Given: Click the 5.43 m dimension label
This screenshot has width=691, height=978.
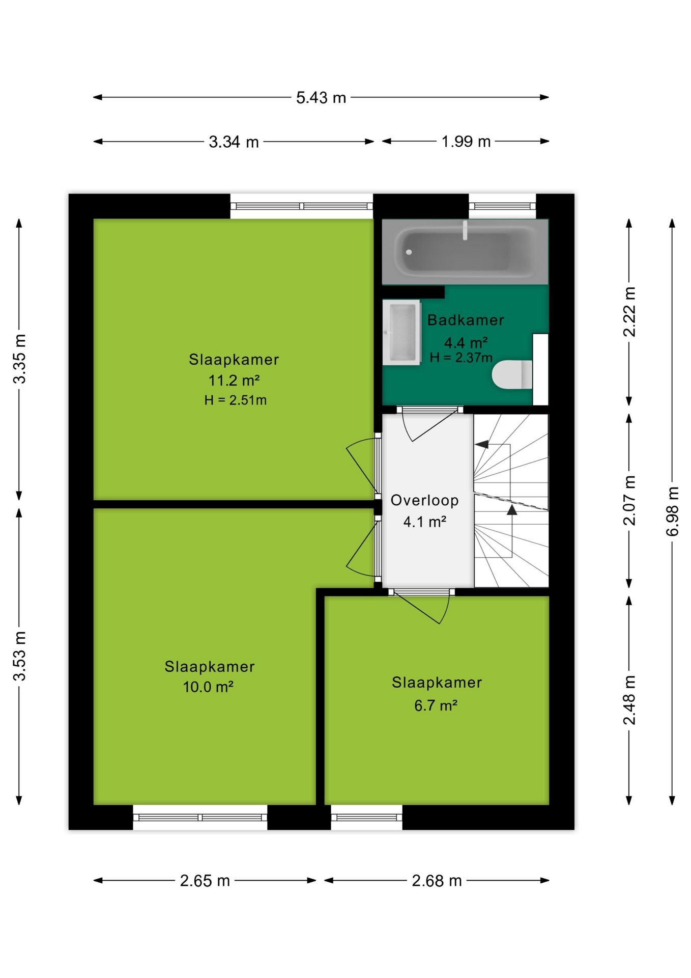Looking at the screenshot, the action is tap(321, 97).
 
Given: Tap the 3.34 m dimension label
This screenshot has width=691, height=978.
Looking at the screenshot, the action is tap(234, 142).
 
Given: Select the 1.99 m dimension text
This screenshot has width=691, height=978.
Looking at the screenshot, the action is tap(466, 141).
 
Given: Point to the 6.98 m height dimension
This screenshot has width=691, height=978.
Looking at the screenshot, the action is tap(673, 511).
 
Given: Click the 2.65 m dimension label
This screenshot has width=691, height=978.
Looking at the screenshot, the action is tap(205, 880).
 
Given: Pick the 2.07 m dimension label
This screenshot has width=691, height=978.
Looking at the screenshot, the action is tap(629, 500).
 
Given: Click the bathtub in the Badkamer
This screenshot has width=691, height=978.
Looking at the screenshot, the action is tap(465, 252).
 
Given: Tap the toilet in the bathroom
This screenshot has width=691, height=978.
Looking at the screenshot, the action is tap(512, 374).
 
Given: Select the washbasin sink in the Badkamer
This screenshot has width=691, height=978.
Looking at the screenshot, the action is tap(401, 332).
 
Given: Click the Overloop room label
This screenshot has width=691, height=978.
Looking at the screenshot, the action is tap(424, 500).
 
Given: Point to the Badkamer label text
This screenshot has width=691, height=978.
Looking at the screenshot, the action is tap(466, 320).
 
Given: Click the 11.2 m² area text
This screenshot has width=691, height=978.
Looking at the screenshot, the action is tap(234, 380).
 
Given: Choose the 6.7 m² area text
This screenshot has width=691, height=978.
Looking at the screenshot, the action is tap(436, 705).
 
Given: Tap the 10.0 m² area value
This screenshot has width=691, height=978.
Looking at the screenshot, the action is tap(208, 687).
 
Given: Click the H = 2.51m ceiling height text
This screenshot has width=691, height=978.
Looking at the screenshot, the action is tap(236, 400).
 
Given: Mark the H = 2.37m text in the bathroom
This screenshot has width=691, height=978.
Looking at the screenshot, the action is tap(461, 358).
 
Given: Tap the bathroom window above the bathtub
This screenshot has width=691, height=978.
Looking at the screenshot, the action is tap(502, 206).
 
